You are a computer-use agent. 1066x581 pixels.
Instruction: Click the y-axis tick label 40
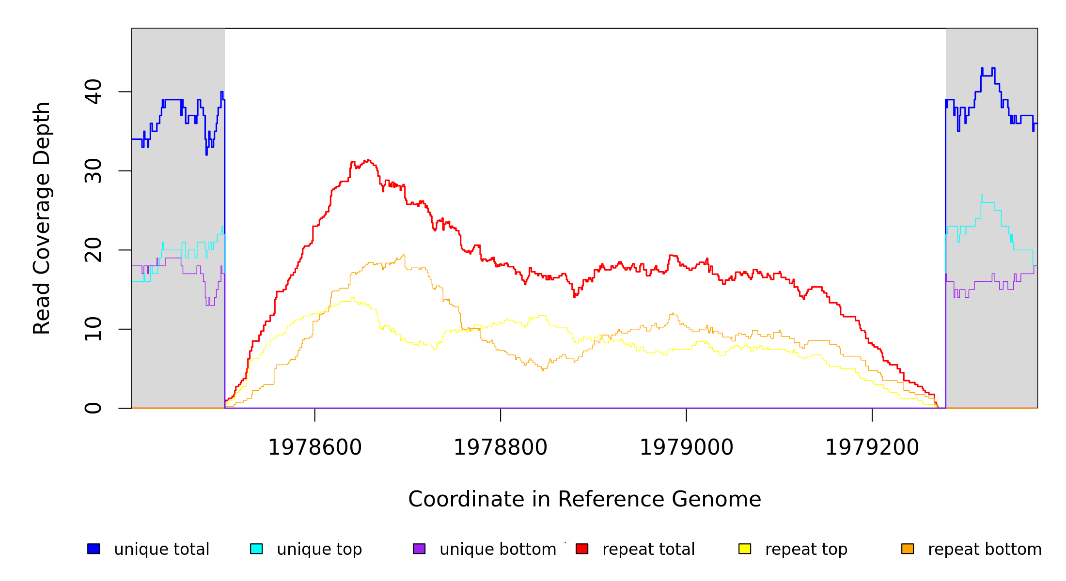pyautogui.click(x=93, y=92)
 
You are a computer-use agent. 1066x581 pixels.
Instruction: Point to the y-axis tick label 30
pyautogui.click(x=93, y=171)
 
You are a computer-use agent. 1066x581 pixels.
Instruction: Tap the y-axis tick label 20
pyautogui.click(x=93, y=250)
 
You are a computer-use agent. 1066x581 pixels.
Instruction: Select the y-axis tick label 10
pyautogui.click(x=93, y=329)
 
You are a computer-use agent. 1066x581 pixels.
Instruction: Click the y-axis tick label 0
pyautogui.click(x=93, y=408)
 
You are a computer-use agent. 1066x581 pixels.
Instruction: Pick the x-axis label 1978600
pyautogui.click(x=315, y=448)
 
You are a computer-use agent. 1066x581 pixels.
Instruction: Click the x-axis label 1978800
pyautogui.click(x=501, y=448)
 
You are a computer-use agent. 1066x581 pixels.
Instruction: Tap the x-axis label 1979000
pyautogui.click(x=687, y=448)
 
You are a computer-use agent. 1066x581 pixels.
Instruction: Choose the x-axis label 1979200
pyautogui.click(x=872, y=448)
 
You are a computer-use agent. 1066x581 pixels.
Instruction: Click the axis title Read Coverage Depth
pyautogui.click(x=42, y=218)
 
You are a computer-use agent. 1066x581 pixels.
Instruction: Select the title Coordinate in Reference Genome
pyautogui.click(x=584, y=499)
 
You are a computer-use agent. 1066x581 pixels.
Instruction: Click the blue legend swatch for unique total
pyautogui.click(x=94, y=549)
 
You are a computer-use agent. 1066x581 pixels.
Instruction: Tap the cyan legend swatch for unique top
pyautogui.click(x=256, y=549)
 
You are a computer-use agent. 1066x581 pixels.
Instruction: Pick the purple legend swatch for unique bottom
pyautogui.click(x=419, y=549)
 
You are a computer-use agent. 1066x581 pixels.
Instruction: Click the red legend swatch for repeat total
pyautogui.click(x=582, y=549)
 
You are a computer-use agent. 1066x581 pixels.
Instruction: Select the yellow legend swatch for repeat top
pyautogui.click(x=745, y=549)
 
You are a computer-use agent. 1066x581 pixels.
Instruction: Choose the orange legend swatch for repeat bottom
pyautogui.click(x=908, y=549)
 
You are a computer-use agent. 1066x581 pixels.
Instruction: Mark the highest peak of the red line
pyautogui.click(x=368, y=160)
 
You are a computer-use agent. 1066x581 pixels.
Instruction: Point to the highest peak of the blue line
pyautogui.click(x=982, y=68)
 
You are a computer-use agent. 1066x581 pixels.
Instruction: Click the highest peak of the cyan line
pyautogui.click(x=982, y=195)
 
